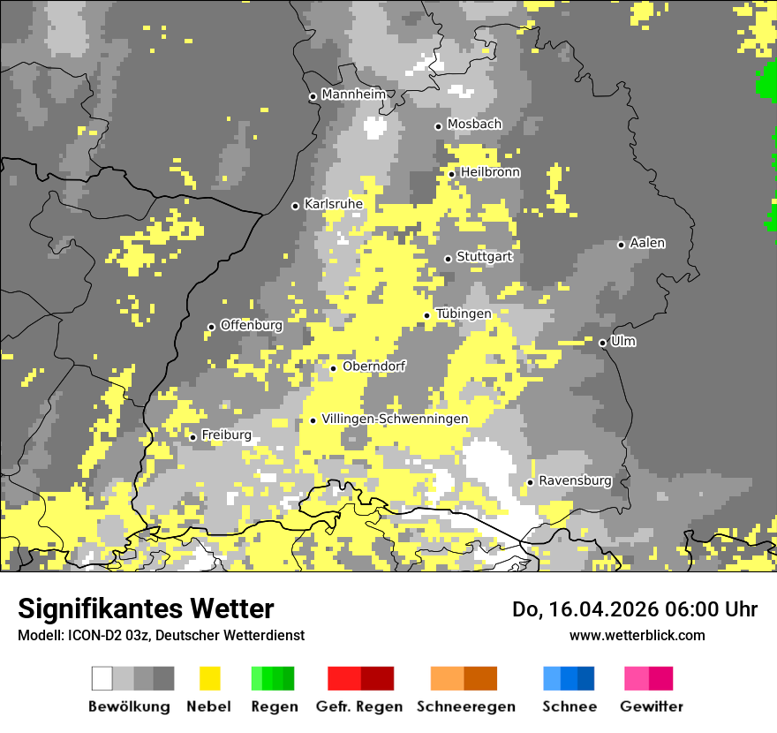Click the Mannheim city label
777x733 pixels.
353,94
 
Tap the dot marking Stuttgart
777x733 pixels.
448,259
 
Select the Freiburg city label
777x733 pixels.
226,435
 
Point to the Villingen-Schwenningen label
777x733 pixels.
395,419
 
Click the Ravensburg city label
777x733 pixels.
575,481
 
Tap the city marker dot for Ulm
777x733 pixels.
602,343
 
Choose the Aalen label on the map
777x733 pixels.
647,243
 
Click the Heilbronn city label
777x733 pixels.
490,172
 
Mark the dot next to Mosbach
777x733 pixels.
438,126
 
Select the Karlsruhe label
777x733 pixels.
333,204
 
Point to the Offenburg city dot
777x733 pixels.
211,327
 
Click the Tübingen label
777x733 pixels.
463,314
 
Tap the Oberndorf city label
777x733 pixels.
373,366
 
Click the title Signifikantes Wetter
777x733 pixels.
146,608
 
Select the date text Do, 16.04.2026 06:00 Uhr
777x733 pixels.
635,609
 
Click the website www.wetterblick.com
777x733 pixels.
637,635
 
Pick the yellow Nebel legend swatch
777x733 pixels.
210,678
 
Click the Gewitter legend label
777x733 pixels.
651,707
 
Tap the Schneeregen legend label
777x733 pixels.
466,707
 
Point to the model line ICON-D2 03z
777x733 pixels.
161,635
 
